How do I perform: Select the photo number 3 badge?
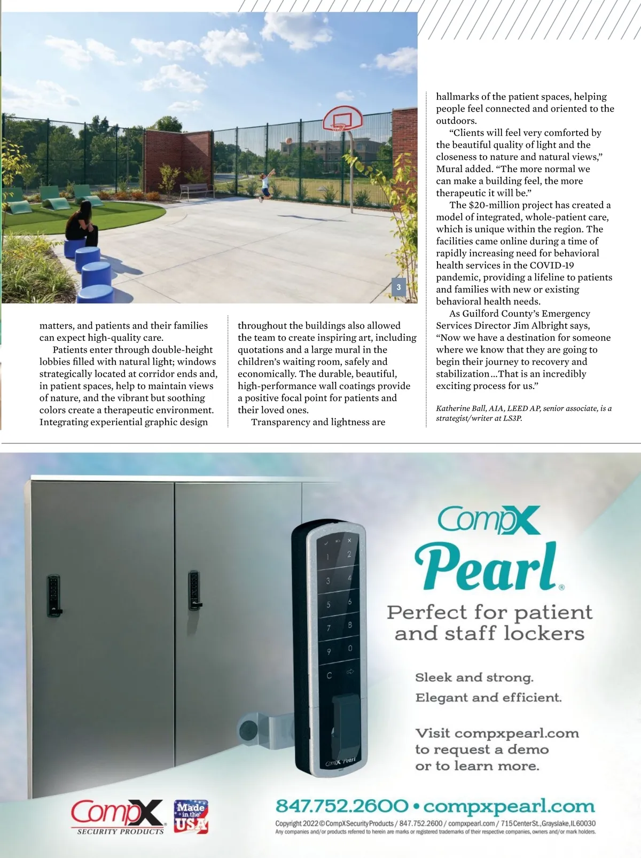coord(398,287)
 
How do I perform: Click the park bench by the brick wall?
coord(194,190)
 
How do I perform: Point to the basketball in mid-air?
coord(289,141)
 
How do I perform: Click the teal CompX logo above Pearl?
coord(489,521)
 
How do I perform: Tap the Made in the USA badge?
coord(191,816)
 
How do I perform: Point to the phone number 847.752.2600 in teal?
coord(342,806)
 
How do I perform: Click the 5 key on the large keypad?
coord(329,605)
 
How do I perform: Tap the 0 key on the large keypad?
coord(350,648)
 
